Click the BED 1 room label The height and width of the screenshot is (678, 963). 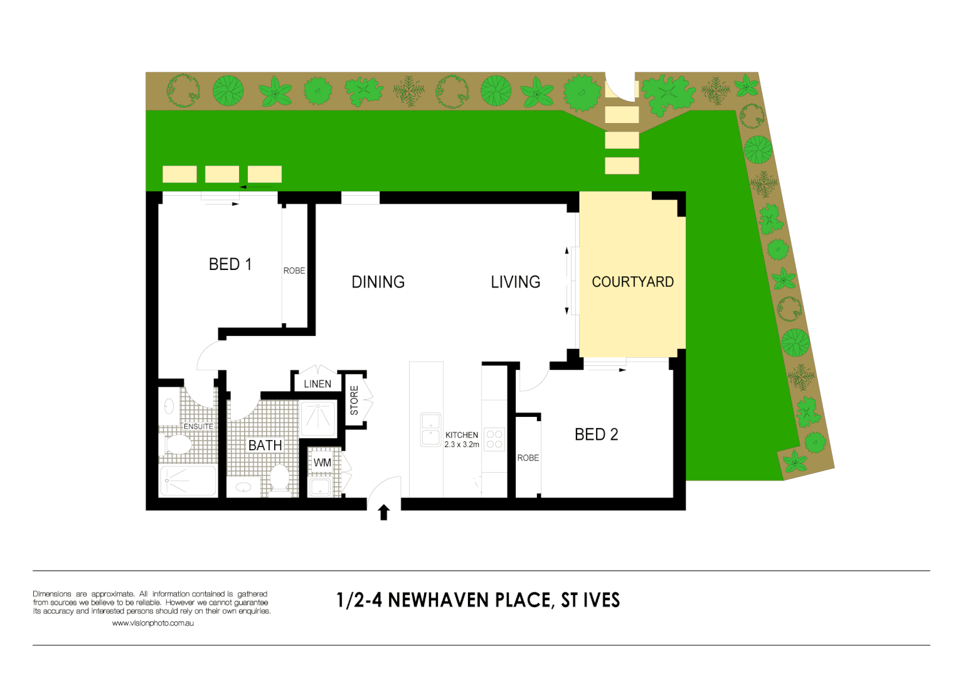coord(230,264)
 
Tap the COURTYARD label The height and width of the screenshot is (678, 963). coord(632,282)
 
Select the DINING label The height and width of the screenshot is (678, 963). coord(378,282)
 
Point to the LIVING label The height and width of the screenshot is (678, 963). coord(515,282)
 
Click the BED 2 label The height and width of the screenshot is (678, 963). coord(596,434)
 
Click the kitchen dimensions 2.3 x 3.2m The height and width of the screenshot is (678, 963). coord(462,444)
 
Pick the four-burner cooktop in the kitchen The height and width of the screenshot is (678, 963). coord(494,439)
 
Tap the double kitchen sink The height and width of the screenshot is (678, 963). coord(430,429)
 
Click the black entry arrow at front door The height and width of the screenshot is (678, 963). coord(384,512)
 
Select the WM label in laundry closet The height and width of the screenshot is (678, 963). coord(322,463)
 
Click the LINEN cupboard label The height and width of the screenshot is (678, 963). coord(317,384)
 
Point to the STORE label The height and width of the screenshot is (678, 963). coord(354,400)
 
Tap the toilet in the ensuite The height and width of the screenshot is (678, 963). coord(177,445)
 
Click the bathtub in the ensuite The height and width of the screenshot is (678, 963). coord(188,481)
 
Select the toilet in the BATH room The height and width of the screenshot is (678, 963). coord(279,476)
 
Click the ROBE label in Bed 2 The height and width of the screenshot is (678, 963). coord(528,458)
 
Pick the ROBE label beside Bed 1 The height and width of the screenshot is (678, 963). coord(294,271)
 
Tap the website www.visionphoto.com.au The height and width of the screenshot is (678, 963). coord(153,623)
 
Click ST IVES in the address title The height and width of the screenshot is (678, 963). coord(590,600)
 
